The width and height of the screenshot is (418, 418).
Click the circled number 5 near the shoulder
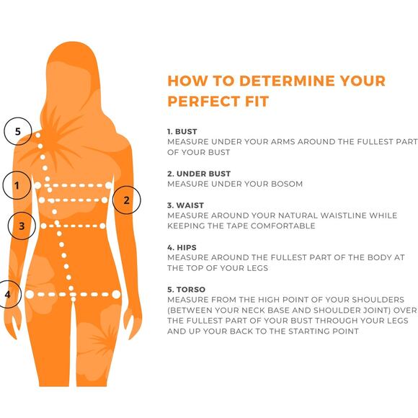(x=18, y=131)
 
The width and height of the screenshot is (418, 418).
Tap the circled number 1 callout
(x=17, y=185)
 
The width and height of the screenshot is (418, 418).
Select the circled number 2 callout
(x=127, y=200)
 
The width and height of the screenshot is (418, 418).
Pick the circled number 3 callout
(x=22, y=226)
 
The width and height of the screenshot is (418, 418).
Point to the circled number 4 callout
(x=7, y=294)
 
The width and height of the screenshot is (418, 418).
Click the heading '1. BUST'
(x=182, y=132)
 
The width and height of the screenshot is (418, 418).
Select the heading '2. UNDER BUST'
(x=199, y=174)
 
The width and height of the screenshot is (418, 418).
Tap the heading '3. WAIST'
(x=185, y=205)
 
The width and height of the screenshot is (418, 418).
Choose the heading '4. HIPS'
(x=182, y=248)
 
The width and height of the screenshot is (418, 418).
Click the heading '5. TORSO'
(x=187, y=290)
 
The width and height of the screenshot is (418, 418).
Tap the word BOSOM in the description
(x=287, y=184)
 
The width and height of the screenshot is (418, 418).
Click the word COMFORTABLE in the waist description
(x=283, y=226)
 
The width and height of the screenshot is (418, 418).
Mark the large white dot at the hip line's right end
(x=116, y=294)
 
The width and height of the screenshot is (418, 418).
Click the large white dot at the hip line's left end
(x=30, y=294)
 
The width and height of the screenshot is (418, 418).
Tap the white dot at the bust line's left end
(x=37, y=185)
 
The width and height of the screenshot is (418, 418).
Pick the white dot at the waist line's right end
(x=102, y=226)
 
